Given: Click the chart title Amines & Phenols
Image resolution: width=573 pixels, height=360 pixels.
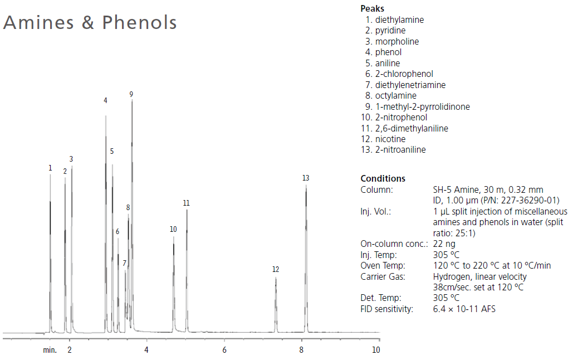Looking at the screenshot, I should click(x=90, y=23).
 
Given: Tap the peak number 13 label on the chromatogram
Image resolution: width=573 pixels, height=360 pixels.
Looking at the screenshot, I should click(x=306, y=178).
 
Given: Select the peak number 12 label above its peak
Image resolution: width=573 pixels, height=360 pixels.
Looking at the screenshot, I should click(x=276, y=270).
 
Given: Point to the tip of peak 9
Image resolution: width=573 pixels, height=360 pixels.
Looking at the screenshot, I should click(x=132, y=101).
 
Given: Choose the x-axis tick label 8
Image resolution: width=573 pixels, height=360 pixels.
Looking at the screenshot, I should click(x=301, y=350).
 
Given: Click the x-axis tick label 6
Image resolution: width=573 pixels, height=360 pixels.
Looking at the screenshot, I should click(x=224, y=350).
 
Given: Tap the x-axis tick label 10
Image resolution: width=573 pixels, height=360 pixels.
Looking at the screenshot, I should click(x=376, y=350).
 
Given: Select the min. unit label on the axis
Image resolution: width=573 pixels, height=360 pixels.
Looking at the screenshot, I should click(x=50, y=350).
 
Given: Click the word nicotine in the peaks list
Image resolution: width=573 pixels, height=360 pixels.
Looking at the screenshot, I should click(x=390, y=139).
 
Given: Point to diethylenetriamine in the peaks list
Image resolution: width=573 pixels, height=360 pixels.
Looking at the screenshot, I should click(x=410, y=85).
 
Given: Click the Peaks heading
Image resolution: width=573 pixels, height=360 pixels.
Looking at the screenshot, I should click(x=373, y=8).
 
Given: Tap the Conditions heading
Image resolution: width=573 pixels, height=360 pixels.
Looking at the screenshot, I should click(x=383, y=179).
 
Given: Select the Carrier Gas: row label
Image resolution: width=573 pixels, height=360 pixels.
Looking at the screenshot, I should click(x=383, y=276).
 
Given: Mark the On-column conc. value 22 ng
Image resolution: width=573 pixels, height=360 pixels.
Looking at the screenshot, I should click(x=444, y=244).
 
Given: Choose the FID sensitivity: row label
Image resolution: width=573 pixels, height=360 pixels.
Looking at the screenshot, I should click(x=387, y=309).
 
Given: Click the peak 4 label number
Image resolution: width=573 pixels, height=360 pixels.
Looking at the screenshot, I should click(x=105, y=101).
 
